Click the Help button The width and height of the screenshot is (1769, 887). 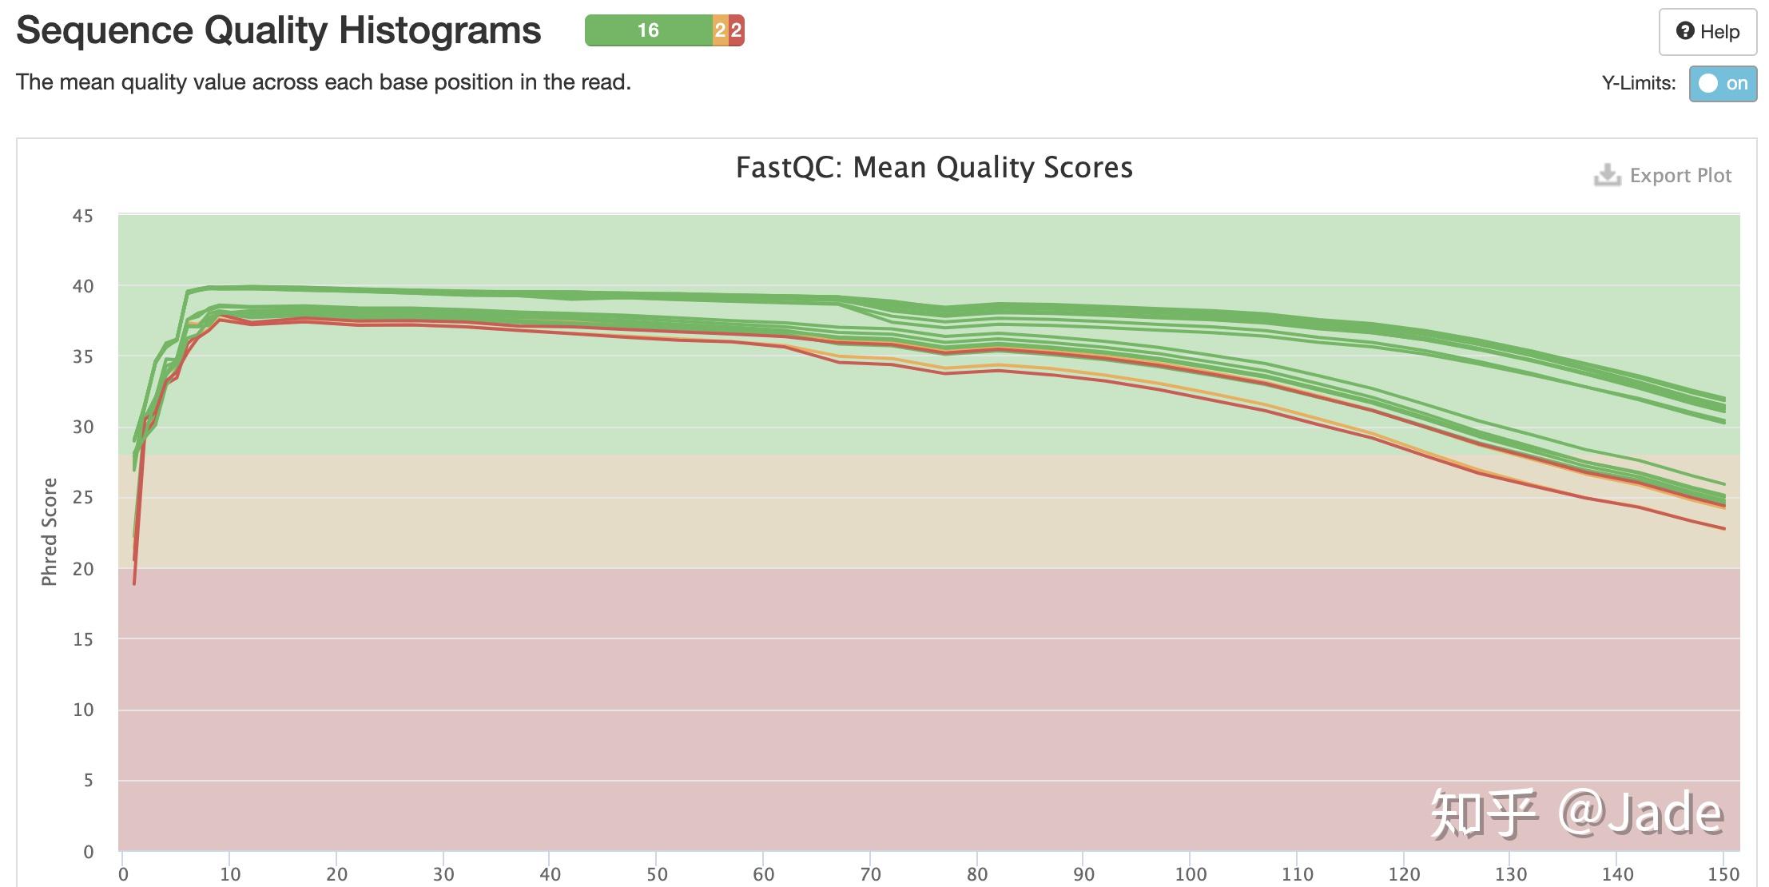tap(1707, 32)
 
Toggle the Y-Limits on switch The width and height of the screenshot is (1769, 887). tap(1722, 84)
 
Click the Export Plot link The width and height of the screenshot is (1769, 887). tap(1680, 176)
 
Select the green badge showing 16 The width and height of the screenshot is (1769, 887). tap(648, 30)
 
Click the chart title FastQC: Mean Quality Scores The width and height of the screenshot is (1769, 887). tap(934, 168)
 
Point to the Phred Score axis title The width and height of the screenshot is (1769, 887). tap(50, 531)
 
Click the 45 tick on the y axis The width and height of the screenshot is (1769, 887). tap(83, 217)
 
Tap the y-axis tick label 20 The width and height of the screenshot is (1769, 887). tap(83, 569)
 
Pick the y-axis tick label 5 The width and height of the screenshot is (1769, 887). tap(88, 781)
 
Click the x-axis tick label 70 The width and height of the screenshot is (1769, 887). tap(870, 874)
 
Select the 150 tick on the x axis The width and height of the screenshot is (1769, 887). tap(1723, 874)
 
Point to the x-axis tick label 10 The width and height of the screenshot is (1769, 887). tap(230, 874)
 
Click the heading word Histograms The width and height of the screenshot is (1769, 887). tap(439, 30)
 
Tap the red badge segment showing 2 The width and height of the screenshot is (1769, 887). tap(737, 30)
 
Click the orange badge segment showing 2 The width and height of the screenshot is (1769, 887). tap(720, 30)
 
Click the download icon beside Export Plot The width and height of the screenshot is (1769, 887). tap(1607, 175)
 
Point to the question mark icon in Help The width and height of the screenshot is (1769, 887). tap(1685, 31)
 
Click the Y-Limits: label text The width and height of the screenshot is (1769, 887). tap(1638, 83)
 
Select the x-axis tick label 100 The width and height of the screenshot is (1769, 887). tap(1191, 874)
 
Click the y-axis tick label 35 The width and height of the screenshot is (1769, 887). tap(83, 356)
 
